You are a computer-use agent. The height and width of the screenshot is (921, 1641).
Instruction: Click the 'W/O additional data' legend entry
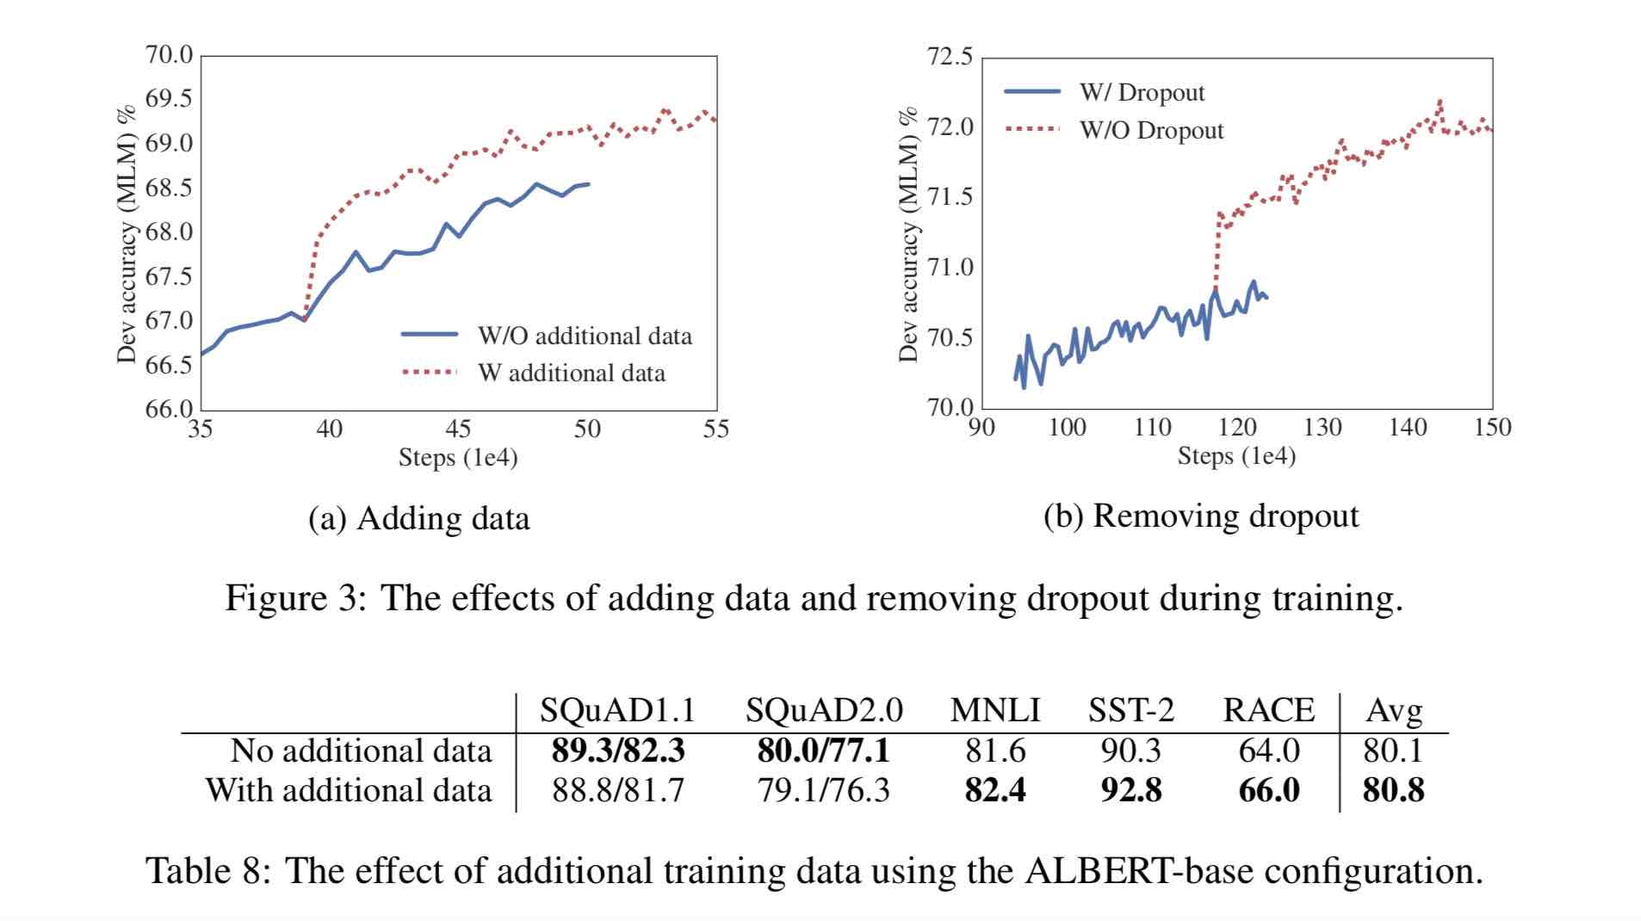coord(585,336)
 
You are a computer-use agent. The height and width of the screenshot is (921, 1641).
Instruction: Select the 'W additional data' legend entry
coord(572,373)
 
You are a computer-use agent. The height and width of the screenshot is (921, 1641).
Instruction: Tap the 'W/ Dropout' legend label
coord(1142,93)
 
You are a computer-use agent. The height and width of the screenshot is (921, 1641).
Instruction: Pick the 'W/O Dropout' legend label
coord(1151,131)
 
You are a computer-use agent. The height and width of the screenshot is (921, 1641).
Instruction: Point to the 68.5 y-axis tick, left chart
coord(169,188)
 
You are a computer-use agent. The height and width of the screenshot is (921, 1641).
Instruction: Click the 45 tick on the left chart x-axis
coord(458,429)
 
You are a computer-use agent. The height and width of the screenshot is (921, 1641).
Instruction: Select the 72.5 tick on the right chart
coord(950,57)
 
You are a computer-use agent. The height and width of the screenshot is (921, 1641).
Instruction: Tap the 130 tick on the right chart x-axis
coord(1322,427)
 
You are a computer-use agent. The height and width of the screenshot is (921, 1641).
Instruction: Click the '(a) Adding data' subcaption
coord(419,519)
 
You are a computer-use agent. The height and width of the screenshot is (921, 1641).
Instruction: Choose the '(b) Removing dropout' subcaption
coord(1201,516)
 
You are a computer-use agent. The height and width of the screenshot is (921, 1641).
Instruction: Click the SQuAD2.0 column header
coord(824,710)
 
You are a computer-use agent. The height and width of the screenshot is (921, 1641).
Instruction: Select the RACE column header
coord(1268,710)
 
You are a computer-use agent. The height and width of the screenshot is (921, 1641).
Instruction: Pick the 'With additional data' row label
coord(349,790)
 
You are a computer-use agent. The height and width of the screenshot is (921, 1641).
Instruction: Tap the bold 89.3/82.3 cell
coord(618,751)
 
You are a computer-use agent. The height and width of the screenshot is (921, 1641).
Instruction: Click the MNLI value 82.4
coord(995,790)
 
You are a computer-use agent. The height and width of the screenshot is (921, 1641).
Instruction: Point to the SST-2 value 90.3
coord(1130,751)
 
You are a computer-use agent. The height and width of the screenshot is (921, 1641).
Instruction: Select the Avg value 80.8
coord(1393,790)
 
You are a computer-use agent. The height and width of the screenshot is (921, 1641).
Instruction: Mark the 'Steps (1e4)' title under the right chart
coord(1236,456)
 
